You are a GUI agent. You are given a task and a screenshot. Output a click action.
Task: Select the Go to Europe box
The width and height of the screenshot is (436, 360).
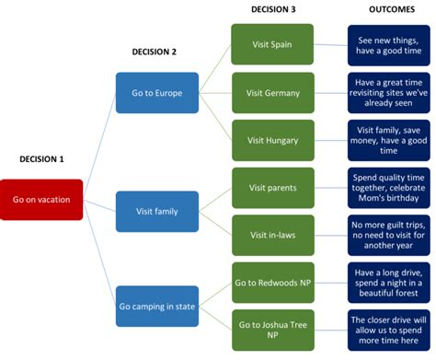click(x=156, y=92)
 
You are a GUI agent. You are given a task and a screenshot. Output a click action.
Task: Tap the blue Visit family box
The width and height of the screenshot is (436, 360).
click(x=156, y=211)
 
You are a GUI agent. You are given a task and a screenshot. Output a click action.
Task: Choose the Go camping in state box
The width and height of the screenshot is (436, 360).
click(x=156, y=306)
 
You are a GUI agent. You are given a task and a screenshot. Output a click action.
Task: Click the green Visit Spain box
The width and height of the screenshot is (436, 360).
click(x=272, y=44)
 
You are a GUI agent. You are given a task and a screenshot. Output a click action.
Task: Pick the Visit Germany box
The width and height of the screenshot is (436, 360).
click(x=272, y=92)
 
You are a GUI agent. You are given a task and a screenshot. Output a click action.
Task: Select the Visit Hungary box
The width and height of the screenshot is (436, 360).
click(x=272, y=140)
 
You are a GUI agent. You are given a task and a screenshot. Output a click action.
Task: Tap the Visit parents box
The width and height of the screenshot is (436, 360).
click(x=272, y=187)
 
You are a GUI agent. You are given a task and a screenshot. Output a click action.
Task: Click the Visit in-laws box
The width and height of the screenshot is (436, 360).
click(x=272, y=235)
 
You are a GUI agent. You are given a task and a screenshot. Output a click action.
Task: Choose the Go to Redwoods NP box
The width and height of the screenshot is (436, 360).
click(x=272, y=283)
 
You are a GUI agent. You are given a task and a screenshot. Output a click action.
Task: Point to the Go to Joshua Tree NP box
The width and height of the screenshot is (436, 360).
click(x=272, y=330)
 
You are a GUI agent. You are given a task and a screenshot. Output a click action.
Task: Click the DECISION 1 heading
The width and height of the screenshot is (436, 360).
click(x=41, y=159)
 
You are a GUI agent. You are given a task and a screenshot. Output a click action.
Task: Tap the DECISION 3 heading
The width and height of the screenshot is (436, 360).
click(x=272, y=9)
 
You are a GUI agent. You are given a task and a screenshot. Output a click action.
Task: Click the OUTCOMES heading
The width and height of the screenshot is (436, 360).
click(x=387, y=9)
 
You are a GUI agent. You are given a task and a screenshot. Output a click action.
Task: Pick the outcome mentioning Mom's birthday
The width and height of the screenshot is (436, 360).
click(x=387, y=187)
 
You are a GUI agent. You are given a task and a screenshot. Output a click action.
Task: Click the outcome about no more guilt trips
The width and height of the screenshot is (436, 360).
click(x=387, y=235)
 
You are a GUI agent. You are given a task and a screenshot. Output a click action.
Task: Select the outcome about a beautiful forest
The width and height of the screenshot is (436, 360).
click(x=387, y=283)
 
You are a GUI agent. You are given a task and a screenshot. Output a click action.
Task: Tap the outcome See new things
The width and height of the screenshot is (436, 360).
click(x=387, y=44)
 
